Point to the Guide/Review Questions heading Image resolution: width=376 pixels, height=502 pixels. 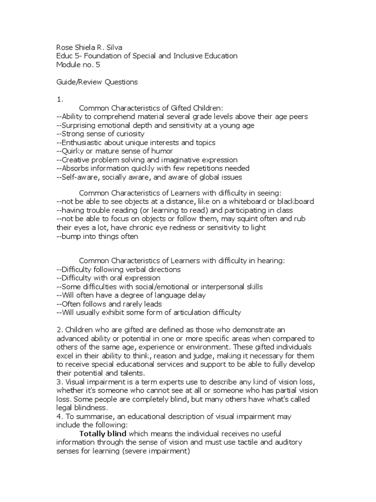(97, 82)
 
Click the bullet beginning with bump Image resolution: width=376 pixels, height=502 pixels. (98, 236)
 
